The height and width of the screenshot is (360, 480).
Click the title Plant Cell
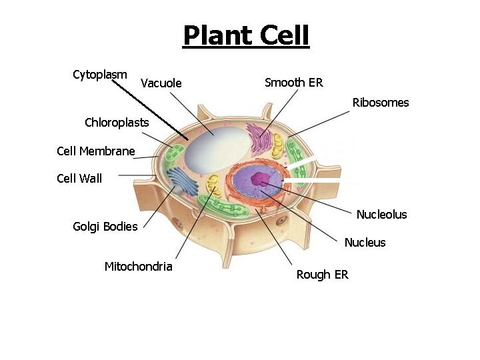(246, 35)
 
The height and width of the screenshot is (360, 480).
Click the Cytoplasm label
(99, 74)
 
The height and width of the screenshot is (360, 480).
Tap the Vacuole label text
(161, 83)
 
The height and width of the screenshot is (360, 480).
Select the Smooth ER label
(293, 83)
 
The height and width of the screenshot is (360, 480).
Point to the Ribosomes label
(380, 103)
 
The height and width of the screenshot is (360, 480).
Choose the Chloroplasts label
(117, 123)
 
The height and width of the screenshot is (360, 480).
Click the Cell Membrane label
(96, 151)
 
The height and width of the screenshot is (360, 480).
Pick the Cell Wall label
(79, 178)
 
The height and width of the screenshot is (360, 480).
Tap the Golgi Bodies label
(105, 226)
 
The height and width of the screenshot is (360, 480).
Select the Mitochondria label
(138, 267)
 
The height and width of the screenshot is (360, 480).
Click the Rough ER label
(322, 275)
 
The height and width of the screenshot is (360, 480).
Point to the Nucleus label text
(365, 243)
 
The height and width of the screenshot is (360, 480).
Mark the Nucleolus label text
(381, 215)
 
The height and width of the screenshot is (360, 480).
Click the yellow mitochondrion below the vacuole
(213, 185)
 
